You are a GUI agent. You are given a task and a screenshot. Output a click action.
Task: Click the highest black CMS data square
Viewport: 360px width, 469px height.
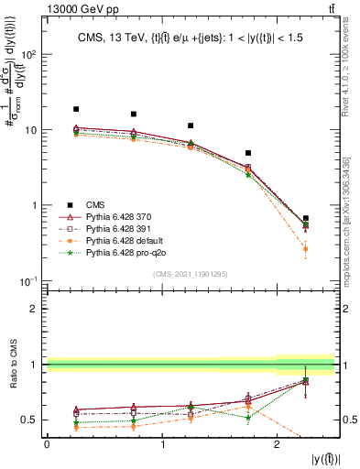76,109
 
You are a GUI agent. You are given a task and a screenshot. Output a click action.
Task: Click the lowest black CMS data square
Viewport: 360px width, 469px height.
306,219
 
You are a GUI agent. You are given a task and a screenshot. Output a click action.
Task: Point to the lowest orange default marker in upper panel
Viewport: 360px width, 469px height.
306,249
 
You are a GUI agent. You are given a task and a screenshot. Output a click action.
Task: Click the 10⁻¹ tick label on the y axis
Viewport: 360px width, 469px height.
30,280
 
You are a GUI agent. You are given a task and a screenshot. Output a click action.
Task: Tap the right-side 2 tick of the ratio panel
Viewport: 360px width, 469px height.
348,309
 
